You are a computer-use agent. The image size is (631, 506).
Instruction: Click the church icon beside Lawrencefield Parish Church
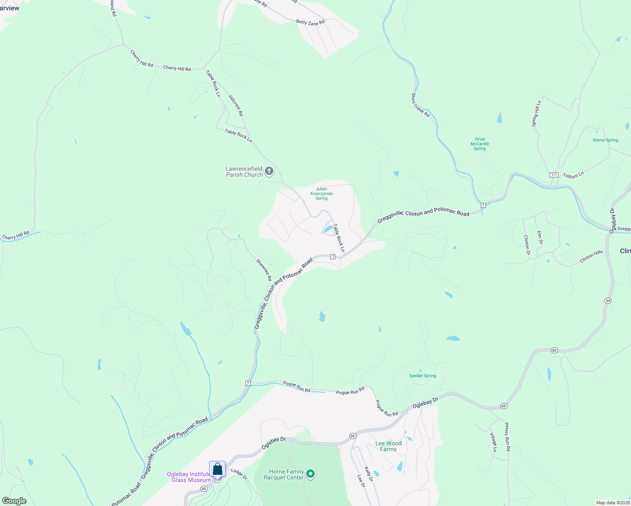pos(269,172)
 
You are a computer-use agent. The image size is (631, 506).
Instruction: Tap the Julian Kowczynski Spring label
pos(321,194)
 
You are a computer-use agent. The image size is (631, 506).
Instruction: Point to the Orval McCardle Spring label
pos(480,144)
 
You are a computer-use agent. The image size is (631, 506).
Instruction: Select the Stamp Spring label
pos(605,140)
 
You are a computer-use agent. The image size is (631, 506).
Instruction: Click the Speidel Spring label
pos(422,376)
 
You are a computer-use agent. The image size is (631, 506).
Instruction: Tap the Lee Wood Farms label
pos(388,446)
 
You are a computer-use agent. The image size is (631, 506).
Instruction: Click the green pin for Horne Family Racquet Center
pos(310,474)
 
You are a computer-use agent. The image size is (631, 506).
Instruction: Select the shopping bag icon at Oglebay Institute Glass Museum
pos(217,469)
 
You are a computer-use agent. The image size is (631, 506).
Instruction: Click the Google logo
pos(14,501)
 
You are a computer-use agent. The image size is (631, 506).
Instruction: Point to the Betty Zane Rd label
pos(310,22)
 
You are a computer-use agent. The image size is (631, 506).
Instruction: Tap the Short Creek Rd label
pos(421,105)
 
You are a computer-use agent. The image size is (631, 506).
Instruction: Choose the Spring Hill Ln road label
pos(536,113)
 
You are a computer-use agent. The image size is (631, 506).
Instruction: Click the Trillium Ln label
pos(573,175)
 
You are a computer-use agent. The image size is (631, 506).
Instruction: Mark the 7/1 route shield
pos(554,175)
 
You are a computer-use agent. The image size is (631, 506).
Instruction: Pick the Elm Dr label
pos(539,237)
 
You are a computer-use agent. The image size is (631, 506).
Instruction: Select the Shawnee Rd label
pos(264,270)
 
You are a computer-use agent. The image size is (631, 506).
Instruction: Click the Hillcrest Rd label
pos(236,105)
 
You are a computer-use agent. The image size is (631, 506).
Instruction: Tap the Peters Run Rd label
pos(507,436)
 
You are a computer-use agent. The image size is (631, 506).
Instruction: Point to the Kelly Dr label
pos(368,474)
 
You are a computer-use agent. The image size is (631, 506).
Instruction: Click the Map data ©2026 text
pos(613,503)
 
